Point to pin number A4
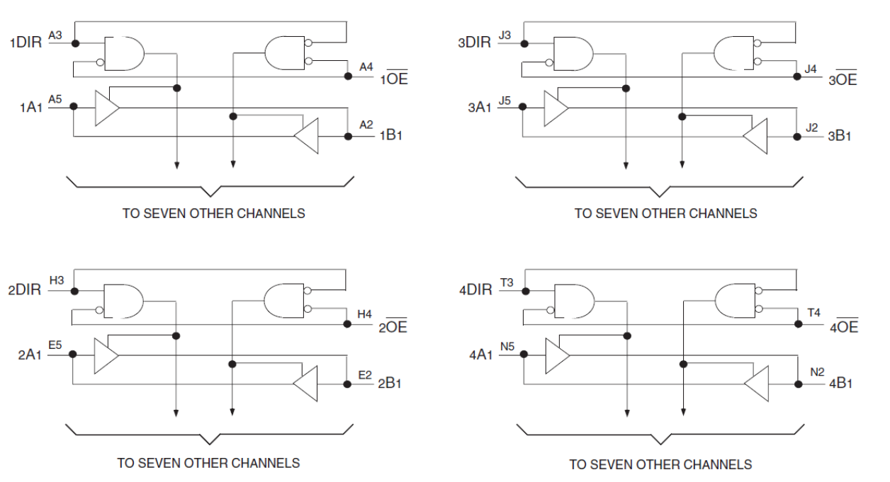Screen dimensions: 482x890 (x=366, y=67)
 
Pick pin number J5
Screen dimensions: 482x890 (x=505, y=101)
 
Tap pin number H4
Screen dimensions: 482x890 (x=364, y=314)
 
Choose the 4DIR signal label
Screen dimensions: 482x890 (x=475, y=290)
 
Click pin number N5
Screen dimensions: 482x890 (x=506, y=348)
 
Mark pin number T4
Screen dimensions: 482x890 (x=814, y=313)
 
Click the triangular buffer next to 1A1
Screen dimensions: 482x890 (x=106, y=108)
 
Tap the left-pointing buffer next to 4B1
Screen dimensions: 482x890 (x=756, y=384)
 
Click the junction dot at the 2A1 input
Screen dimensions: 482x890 (x=73, y=355)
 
